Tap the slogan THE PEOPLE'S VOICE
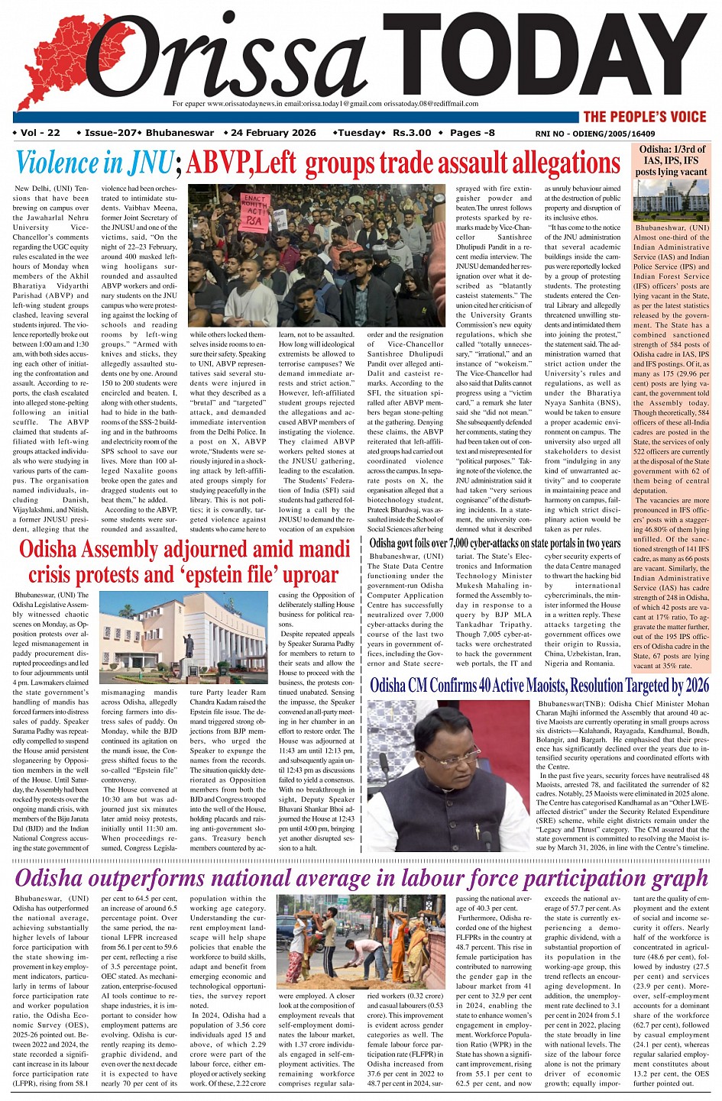pos(644,117)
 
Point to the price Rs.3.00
pos(412,133)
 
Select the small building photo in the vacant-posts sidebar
pos(672,200)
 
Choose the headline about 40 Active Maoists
pos(539,685)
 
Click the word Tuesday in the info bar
pos(359,133)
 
